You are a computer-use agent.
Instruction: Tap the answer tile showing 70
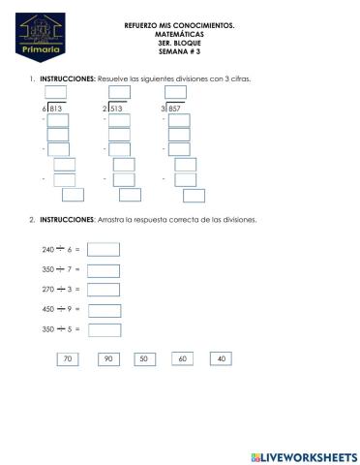pos(67,358)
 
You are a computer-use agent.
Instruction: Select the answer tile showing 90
pos(108,358)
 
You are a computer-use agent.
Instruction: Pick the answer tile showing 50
pos(143,358)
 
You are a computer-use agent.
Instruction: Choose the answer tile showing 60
pos(182,358)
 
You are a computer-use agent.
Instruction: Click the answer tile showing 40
pos(222,358)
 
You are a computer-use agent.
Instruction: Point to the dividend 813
pos(56,109)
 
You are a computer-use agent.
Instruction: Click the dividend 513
pos(116,109)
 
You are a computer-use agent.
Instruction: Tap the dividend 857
pos(175,109)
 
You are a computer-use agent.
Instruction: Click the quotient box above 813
pos(56,93)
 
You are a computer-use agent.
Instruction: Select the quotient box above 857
pos(175,93)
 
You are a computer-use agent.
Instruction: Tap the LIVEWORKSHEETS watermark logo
pos(303,455)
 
